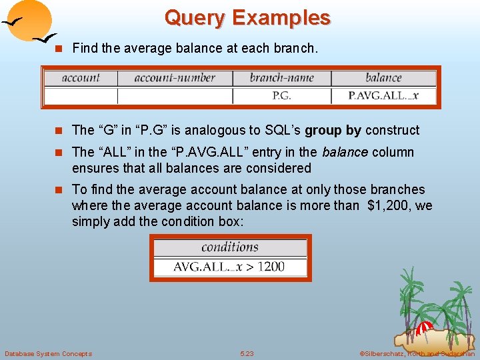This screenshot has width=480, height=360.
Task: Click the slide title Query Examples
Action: coord(247,17)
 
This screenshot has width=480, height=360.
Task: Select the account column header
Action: coord(80,78)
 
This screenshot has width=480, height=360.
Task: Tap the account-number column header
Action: coord(175,78)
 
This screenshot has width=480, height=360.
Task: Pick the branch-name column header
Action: coord(281,78)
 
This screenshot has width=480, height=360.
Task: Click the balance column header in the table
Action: coord(383,78)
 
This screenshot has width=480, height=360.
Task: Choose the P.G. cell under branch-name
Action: coord(281,95)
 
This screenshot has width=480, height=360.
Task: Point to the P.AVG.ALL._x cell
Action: coord(383,95)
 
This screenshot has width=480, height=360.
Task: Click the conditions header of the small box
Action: coord(230,247)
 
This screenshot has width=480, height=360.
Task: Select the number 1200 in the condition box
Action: coord(271,267)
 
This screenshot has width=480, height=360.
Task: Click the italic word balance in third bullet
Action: coord(345,152)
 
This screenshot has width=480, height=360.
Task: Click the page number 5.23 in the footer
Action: coord(247,353)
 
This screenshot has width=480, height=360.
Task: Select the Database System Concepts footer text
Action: coord(48,353)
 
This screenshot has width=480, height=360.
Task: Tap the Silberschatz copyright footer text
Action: coord(417,353)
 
